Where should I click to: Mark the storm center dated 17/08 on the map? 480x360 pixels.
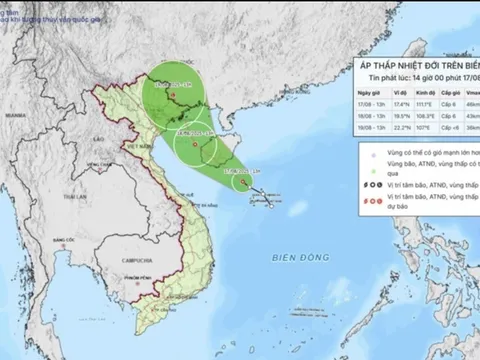click(x=241, y=182)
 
